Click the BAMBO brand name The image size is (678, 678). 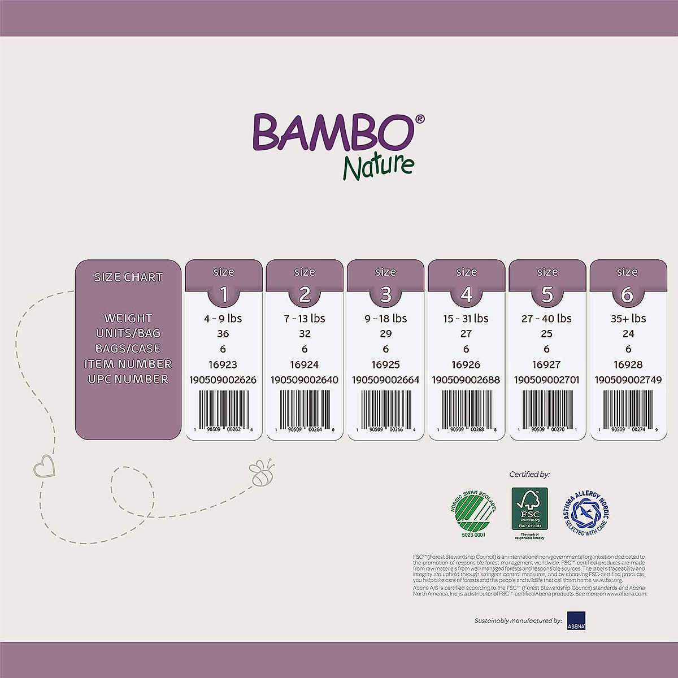[333, 131]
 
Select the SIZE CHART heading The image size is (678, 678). [128, 277]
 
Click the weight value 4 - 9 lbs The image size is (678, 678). [223, 319]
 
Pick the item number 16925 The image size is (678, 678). [385, 364]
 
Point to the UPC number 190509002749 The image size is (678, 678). [628, 380]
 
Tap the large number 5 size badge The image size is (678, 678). [547, 294]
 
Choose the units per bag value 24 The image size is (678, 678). [628, 334]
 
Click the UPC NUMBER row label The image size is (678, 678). [128, 379]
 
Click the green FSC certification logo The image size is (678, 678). [529, 508]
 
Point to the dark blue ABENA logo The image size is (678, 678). [576, 620]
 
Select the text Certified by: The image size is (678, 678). [529, 475]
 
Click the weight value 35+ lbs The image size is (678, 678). [628, 319]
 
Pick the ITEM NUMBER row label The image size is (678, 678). [128, 364]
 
